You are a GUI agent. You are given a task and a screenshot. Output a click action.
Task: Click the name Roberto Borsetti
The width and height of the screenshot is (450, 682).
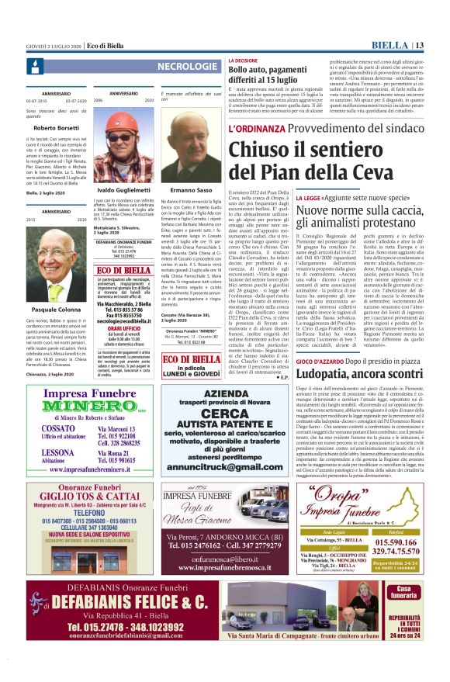[56, 127]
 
